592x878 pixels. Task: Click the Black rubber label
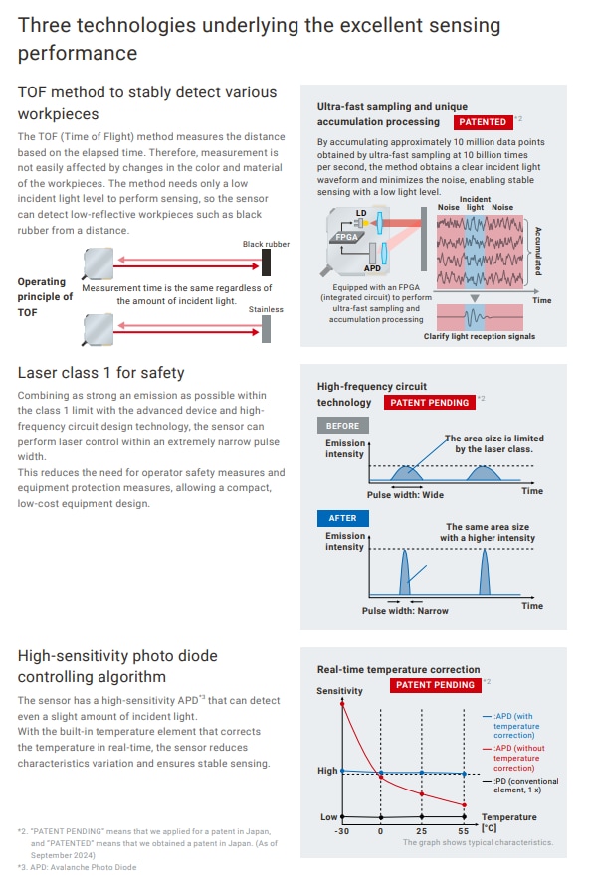(265, 244)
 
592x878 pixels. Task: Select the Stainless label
(266, 309)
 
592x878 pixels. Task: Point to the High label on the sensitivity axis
(327, 771)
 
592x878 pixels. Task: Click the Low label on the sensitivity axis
(328, 817)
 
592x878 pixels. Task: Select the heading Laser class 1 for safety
(101, 373)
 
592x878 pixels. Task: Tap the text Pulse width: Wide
(405, 494)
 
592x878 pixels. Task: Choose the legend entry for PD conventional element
(525, 786)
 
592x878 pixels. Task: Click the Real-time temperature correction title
(398, 669)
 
